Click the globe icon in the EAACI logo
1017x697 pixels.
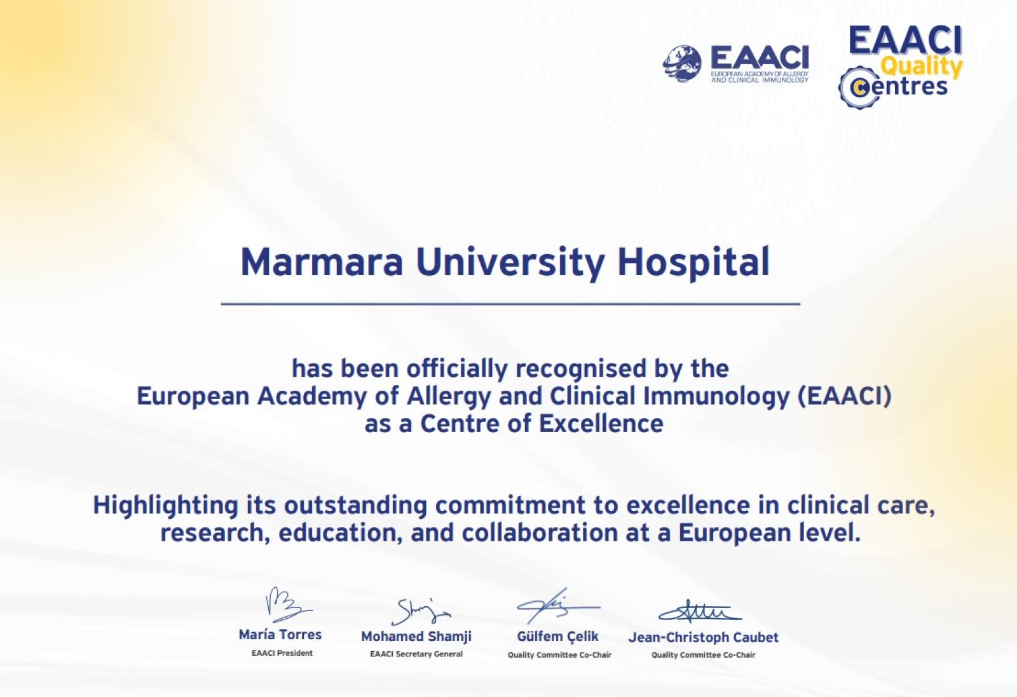(682, 63)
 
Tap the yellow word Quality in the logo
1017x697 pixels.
(922, 67)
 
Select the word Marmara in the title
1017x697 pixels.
(322, 262)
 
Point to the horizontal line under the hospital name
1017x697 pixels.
(510, 304)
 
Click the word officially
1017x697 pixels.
(456, 369)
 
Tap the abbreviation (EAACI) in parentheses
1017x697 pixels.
(845, 396)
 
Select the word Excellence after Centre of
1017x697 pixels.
(601, 423)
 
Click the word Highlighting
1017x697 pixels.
(165, 506)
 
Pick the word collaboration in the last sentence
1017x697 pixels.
(540, 532)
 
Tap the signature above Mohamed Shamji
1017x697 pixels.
(420, 611)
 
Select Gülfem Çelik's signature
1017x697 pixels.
(558, 606)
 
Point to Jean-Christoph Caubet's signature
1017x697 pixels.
(700, 611)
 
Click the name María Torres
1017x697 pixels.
(280, 634)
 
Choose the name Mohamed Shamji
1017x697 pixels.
(416, 637)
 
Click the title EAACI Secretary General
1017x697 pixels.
(416, 654)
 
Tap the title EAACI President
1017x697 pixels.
(282, 653)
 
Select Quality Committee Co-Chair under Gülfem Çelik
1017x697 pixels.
(559, 655)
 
